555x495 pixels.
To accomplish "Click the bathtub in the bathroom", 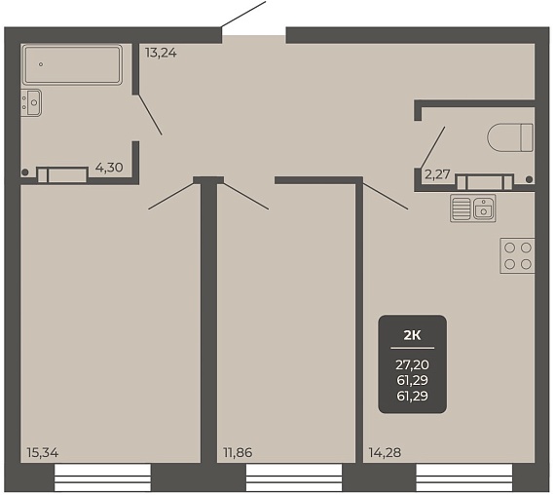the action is click(x=72, y=64).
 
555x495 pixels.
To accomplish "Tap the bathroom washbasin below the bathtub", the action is click(x=31, y=102).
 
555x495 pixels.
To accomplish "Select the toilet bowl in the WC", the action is click(x=510, y=137).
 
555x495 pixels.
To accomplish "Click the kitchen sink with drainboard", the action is click(x=473, y=209).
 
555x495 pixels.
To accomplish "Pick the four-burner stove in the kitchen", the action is click(x=517, y=256).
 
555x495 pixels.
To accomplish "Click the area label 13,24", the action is click(x=161, y=54).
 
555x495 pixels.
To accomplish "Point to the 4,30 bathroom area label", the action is click(x=109, y=168).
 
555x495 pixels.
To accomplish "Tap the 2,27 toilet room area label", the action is click(x=437, y=174).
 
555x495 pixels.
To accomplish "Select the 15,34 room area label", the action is click(x=43, y=452).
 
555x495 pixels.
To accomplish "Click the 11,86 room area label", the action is click(x=238, y=452).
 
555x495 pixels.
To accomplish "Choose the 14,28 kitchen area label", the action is click(x=386, y=452).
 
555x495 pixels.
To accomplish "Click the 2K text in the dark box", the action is click(x=413, y=335).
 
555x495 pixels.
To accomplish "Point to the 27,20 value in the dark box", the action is click(x=413, y=364).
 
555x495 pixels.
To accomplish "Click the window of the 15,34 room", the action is click(x=102, y=478).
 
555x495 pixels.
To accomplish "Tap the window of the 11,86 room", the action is click(x=294, y=478).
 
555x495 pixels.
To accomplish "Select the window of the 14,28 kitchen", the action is click(x=464, y=478).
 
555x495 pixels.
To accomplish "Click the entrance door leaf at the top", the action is click(x=243, y=15).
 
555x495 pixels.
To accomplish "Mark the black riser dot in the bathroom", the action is click(x=24, y=172).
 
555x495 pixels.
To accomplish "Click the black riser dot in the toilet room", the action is click(x=529, y=179).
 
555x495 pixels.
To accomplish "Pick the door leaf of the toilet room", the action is click(x=432, y=147).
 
